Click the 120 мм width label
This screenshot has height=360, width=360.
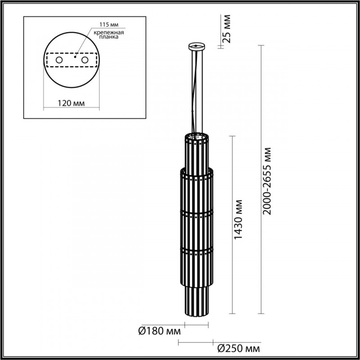[72, 103]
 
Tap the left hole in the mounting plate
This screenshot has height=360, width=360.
[59, 59]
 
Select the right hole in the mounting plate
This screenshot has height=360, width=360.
[84, 59]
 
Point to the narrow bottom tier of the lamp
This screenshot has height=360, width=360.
[196, 301]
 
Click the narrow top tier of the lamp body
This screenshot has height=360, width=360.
[196, 153]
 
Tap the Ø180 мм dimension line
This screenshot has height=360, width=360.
[196, 325]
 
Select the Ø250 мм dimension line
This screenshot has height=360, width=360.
[196, 343]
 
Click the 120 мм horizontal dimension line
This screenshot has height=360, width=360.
[72, 108]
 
